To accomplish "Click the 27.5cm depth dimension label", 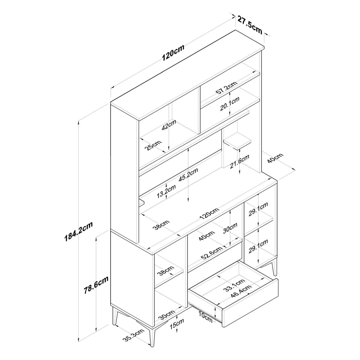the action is pyautogui.click(x=250, y=24).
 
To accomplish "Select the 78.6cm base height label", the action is pyautogui.click(x=96, y=285).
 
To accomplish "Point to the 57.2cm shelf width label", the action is pyautogui.click(x=226, y=88).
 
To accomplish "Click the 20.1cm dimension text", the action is pyautogui.click(x=230, y=104).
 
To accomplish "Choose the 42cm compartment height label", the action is pyautogui.click(x=169, y=125).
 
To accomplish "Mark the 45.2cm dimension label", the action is pyautogui.click(x=188, y=175).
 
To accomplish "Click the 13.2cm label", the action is pyautogui.click(x=166, y=191).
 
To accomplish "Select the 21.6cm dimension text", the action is pyautogui.click(x=239, y=162).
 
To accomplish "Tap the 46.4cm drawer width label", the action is pyautogui.click(x=241, y=291).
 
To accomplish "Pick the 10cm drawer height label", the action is pyautogui.click(x=205, y=317).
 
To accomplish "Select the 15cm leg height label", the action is pyautogui.click(x=177, y=323).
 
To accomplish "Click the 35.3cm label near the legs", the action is pyautogui.click(x=133, y=335).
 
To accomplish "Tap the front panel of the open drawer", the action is pyautogui.click(x=250, y=303).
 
